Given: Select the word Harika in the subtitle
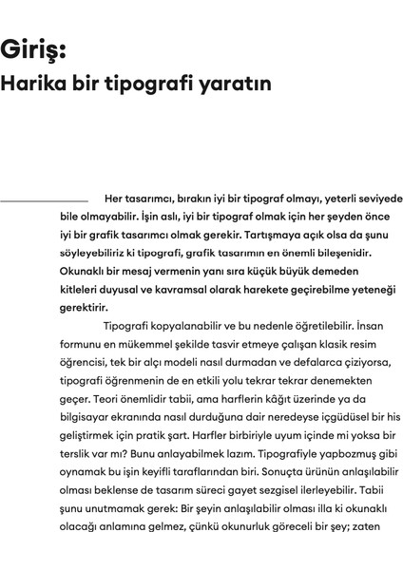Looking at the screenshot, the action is (x=34, y=84).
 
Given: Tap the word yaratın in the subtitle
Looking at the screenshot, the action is (x=238, y=84).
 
